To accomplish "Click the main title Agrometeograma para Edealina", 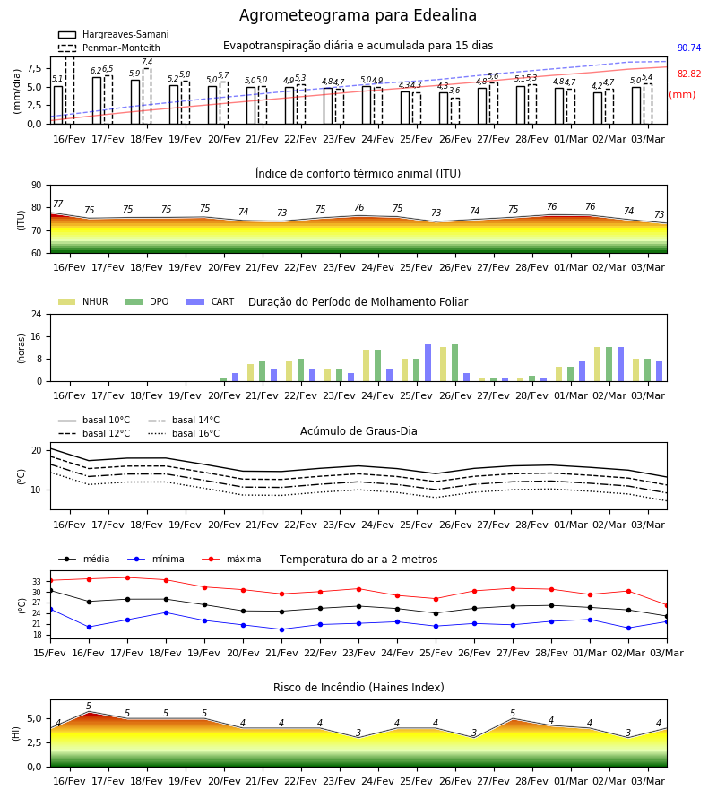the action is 358,15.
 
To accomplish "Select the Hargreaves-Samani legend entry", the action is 113,34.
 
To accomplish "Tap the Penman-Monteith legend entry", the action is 109,48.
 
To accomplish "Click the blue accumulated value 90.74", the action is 689,48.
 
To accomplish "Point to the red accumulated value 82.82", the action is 689,74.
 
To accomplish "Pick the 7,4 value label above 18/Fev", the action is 147,62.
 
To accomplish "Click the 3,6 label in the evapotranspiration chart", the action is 454,91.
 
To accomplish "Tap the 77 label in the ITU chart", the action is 58,204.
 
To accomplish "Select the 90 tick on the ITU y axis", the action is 37,186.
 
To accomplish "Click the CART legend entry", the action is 210,301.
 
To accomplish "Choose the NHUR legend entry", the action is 82,301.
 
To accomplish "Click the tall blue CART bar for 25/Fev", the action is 428,363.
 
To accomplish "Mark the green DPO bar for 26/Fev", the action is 454,363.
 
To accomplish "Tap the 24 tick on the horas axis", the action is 37,314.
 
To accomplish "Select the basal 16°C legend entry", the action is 184,433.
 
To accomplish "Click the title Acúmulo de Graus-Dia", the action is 358,431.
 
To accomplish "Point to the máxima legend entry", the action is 231,559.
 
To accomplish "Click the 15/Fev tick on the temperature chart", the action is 50,653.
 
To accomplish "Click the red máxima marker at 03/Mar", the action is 667,606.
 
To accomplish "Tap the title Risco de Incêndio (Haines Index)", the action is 358,688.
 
